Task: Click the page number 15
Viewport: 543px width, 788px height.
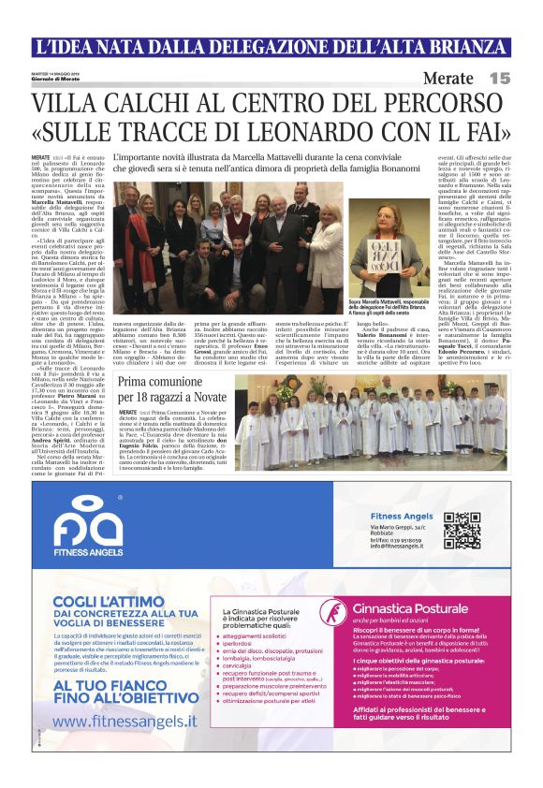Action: pos(498,79)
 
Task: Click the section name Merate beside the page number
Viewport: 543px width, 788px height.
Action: pos(451,79)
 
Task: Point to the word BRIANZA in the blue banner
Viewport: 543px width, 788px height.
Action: pos(460,47)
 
